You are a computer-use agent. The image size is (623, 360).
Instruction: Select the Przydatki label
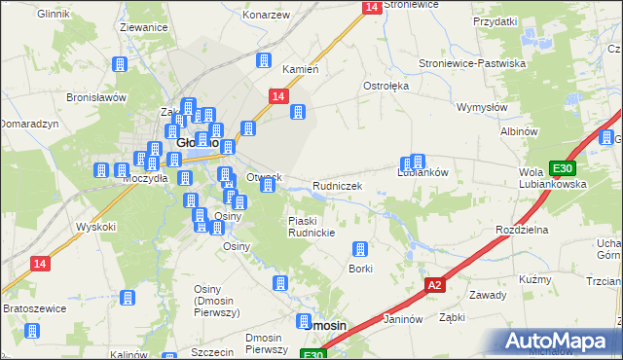click(x=495, y=20)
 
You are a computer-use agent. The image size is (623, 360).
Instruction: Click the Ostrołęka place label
click(x=386, y=86)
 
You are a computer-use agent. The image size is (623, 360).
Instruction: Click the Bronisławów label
click(x=97, y=97)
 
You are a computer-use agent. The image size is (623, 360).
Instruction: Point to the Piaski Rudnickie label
click(x=312, y=226)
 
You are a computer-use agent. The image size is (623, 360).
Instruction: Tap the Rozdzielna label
click(x=522, y=229)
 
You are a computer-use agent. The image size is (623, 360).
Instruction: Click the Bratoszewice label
click(x=33, y=308)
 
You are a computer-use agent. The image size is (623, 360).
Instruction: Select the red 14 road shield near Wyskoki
click(x=40, y=264)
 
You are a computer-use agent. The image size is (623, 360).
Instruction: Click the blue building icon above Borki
click(x=360, y=249)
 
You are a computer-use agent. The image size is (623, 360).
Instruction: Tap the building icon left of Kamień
click(x=263, y=61)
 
